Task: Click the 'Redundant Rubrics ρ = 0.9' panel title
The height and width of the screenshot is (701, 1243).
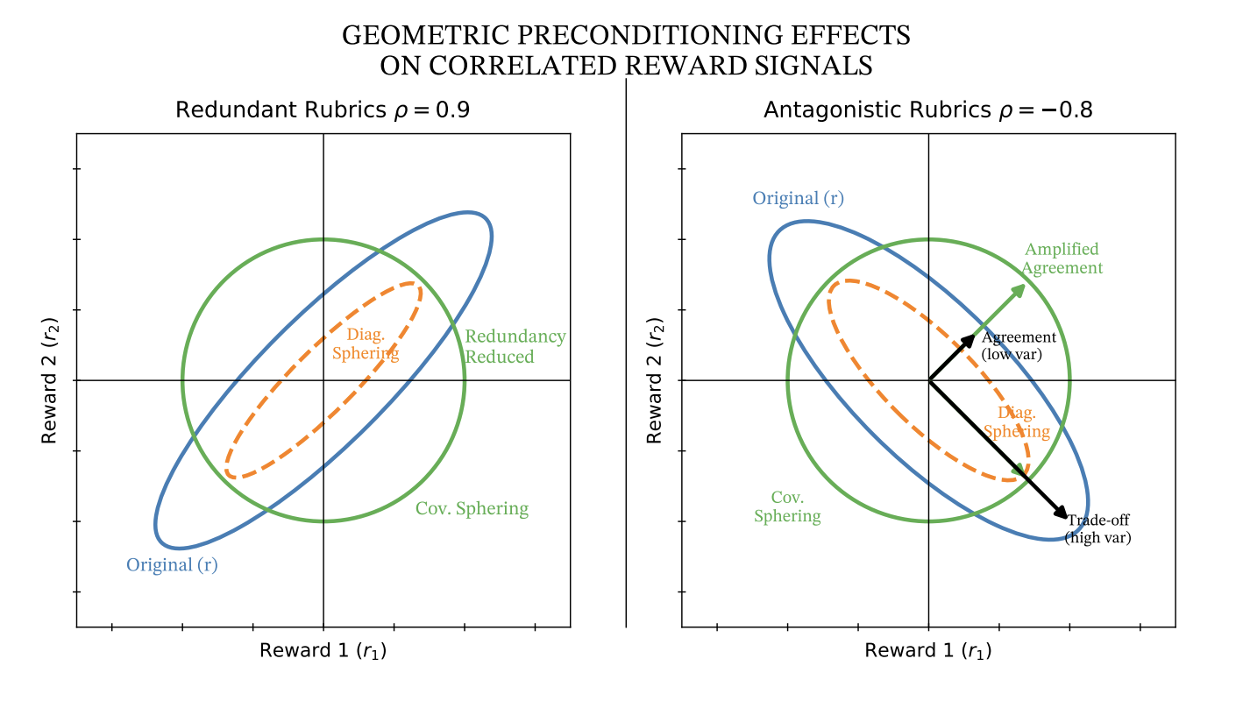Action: point(323,111)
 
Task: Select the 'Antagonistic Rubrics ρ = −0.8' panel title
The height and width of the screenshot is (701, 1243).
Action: point(927,111)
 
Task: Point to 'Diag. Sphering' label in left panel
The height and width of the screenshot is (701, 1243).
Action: point(366,344)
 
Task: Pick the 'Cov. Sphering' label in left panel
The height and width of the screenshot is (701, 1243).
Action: point(472,509)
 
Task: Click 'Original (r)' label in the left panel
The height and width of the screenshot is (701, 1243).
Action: point(172,565)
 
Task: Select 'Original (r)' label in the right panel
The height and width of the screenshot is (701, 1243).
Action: point(798,198)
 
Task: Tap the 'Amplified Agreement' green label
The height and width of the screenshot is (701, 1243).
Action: point(1062,259)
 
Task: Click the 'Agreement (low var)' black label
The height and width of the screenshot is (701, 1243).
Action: point(1019,346)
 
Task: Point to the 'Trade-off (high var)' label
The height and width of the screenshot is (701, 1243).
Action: point(1097,529)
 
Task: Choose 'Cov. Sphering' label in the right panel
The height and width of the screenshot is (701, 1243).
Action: point(787,507)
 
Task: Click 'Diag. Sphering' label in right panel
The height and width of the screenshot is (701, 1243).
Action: point(1017,422)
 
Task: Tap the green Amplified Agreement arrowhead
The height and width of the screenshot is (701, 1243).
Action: point(1019,289)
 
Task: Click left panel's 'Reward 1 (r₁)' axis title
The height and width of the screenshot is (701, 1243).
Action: point(323,651)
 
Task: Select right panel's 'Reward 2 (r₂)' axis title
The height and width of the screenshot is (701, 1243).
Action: point(656,380)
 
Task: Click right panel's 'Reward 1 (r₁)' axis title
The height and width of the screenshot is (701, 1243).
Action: point(927,651)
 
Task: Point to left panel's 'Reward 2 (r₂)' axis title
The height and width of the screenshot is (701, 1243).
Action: point(51,380)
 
